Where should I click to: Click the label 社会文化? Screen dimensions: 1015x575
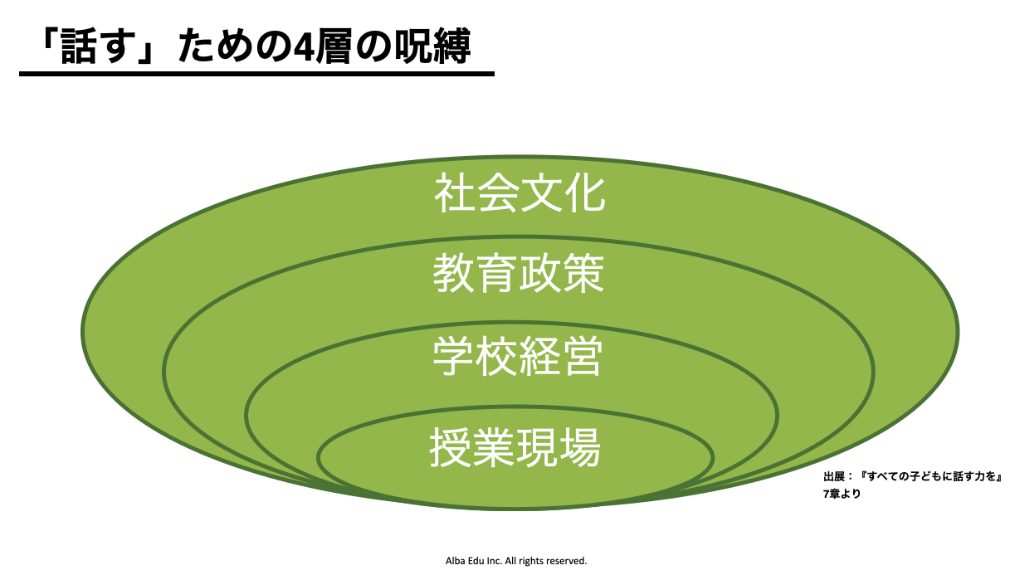click(520, 193)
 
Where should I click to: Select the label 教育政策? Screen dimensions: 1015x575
click(519, 273)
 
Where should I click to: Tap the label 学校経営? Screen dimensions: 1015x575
click(518, 356)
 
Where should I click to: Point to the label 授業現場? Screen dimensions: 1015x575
click(515, 447)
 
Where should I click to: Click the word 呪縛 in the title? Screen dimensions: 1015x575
click(432, 46)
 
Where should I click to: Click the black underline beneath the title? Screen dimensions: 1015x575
click(256, 73)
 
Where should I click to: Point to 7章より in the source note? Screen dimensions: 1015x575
click(842, 494)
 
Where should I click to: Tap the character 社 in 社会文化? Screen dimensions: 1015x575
click(455, 193)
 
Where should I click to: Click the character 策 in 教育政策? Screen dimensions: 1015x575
click(584, 273)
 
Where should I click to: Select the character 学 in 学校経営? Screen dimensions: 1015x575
click(453, 356)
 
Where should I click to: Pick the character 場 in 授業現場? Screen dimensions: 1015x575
click(580, 447)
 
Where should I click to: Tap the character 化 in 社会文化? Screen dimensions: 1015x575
click(585, 193)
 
